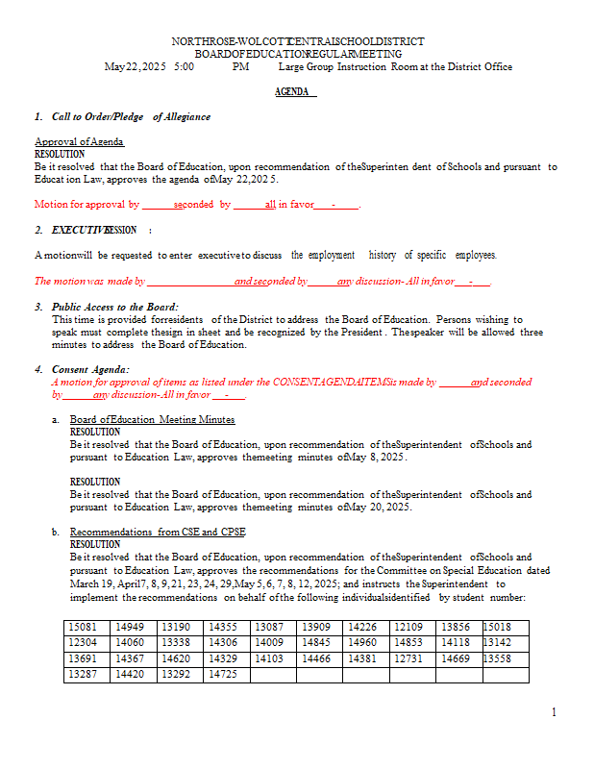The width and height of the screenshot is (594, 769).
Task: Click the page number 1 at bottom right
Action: [555, 712]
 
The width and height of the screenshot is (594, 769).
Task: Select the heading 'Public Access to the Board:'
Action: [115, 307]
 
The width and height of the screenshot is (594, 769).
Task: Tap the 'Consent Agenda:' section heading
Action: [90, 369]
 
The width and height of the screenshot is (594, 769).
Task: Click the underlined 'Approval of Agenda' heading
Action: [79, 141]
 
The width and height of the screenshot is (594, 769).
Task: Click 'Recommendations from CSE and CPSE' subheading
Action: [158, 532]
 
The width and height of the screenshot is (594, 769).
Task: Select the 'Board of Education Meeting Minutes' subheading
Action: [152, 419]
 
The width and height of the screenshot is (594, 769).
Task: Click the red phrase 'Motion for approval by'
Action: [87, 205]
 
